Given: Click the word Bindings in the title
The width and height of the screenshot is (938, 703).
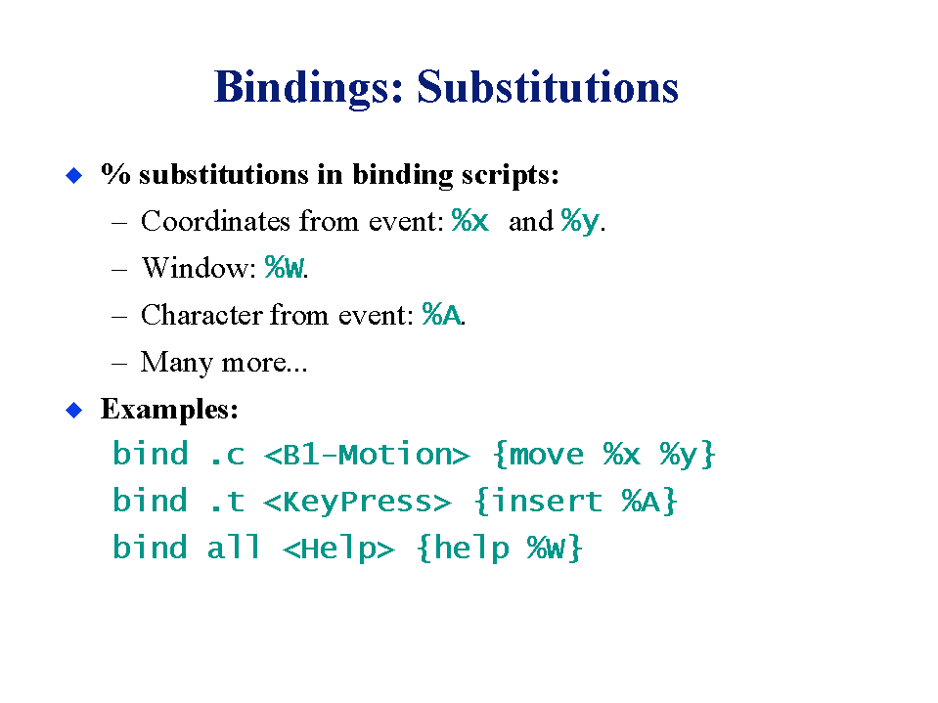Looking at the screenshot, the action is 309,88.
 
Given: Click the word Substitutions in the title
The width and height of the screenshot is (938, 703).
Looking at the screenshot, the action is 548,87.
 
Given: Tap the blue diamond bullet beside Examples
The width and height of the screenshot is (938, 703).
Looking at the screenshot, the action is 73,410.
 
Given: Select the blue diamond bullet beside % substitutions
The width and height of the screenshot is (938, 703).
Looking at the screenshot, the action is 73,175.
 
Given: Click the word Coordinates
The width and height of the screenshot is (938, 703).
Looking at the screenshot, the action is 216,221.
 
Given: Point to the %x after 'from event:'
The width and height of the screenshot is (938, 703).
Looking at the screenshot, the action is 470,221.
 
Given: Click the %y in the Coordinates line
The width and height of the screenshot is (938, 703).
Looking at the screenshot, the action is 580,222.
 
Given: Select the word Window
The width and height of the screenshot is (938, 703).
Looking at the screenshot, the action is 195,267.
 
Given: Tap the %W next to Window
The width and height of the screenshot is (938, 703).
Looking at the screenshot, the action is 285,267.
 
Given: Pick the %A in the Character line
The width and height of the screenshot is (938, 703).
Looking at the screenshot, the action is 441,315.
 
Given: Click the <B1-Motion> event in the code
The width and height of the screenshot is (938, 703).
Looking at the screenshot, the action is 367,455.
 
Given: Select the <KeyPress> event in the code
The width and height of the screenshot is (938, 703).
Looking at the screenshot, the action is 357,502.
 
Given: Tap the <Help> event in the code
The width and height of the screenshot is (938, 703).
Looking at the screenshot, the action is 338,549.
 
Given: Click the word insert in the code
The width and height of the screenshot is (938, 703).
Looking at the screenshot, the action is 546,501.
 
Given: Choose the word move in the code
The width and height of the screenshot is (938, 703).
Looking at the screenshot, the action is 546,455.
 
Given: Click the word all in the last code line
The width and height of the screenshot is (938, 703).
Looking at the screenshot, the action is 234,548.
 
